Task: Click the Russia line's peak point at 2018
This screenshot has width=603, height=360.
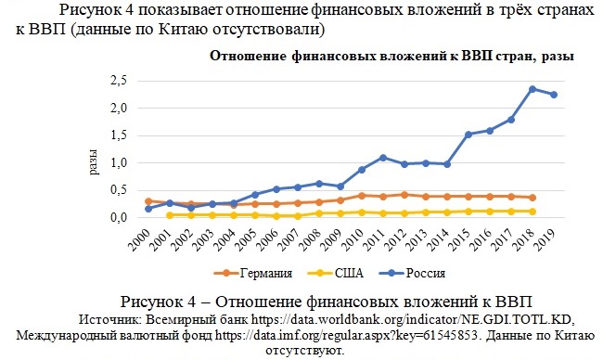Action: pyautogui.click(x=532, y=89)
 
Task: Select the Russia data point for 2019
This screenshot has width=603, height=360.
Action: pyautogui.click(x=554, y=95)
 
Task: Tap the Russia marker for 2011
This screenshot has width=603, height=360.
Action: pyautogui.click(x=382, y=158)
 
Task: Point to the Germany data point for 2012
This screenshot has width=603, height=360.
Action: pyautogui.click(x=404, y=195)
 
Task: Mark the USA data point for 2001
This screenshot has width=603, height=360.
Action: pyautogui.click(x=170, y=215)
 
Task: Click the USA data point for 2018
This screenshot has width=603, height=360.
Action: pyautogui.click(x=532, y=212)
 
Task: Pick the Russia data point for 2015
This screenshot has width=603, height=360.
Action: pyautogui.click(x=468, y=135)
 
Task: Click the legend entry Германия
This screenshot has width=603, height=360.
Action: pyautogui.click(x=253, y=273)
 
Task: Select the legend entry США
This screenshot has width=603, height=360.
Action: pyautogui.click(x=336, y=273)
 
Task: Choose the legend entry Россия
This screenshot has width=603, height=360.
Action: pyautogui.click(x=412, y=273)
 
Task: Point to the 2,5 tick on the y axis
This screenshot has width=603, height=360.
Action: pyautogui.click(x=119, y=81)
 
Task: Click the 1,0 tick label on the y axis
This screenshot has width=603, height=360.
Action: pyautogui.click(x=119, y=163)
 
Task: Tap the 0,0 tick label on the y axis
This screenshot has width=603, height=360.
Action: pyautogui.click(x=119, y=217)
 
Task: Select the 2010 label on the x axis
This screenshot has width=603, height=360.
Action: pyautogui.click(x=353, y=239)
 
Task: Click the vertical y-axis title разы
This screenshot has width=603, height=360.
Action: pyautogui.click(x=93, y=162)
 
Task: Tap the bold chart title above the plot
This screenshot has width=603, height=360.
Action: pyautogui.click(x=391, y=57)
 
